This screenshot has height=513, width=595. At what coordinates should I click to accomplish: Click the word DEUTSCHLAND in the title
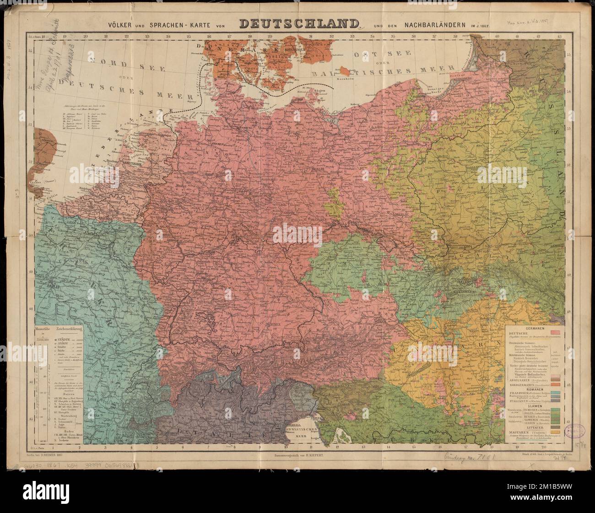[297, 23]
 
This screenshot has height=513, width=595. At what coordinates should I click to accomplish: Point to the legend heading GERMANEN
[535, 328]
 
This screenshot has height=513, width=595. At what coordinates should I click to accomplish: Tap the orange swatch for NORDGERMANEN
[556, 384]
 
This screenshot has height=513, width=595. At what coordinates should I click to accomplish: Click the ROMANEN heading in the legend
[535, 390]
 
